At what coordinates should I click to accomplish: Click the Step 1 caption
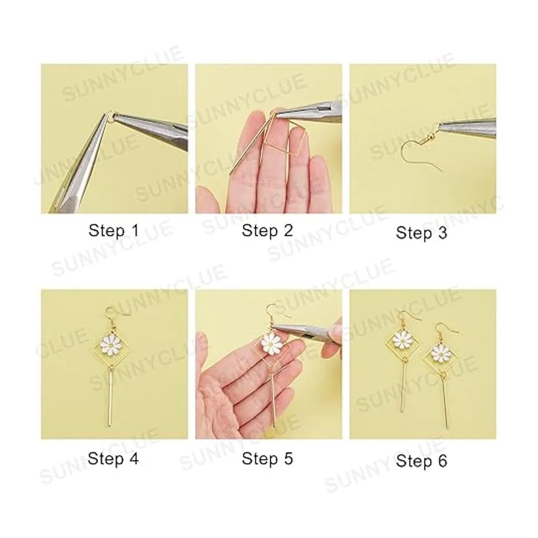tap(113, 231)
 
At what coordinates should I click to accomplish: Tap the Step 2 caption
tap(268, 231)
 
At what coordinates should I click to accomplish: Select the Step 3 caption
tap(421, 233)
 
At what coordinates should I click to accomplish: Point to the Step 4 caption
tap(113, 459)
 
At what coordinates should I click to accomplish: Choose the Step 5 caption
tap(268, 459)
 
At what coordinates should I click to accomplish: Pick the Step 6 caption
tap(421, 461)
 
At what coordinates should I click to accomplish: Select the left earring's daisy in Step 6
tap(401, 342)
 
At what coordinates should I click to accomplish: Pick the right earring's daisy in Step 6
tap(439, 354)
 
